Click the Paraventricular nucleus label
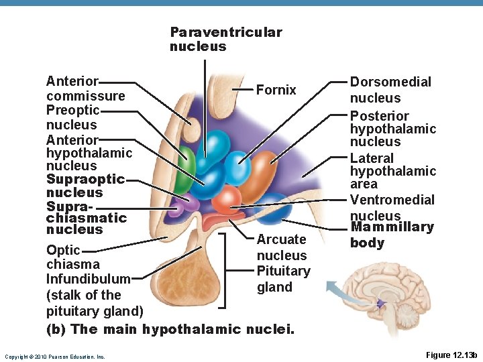pyautogui.click(x=225, y=40)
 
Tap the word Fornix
pyautogui.click(x=276, y=90)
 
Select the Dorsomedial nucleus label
pyautogui.click(x=390, y=90)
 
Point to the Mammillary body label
pyautogui.click(x=392, y=235)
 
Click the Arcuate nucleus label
pyautogui.click(x=282, y=247)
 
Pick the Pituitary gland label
pyautogui.click(x=283, y=279)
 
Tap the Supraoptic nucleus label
pyautogui.click(x=85, y=186)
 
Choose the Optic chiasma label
pyautogui.click(x=72, y=257)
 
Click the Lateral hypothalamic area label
pyautogui.click(x=392, y=171)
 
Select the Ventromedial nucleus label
pyautogui.click(x=392, y=207)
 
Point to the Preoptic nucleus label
pyautogui.click(x=72, y=117)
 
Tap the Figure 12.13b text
pyautogui.click(x=451, y=355)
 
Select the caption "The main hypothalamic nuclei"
pyautogui.click(x=170, y=328)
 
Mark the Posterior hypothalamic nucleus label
pyautogui.click(x=392, y=128)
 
